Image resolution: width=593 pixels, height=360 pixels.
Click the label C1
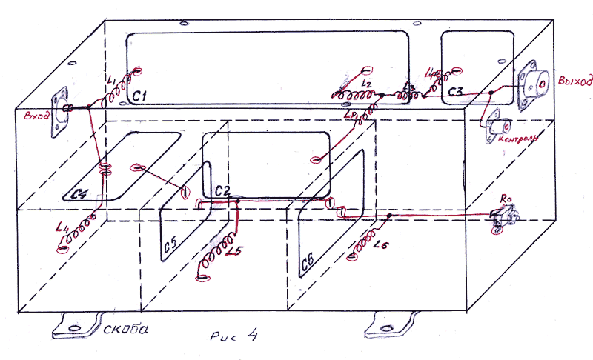pyautogui.click(x=142, y=96)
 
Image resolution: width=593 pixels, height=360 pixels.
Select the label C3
pyautogui.click(x=454, y=91)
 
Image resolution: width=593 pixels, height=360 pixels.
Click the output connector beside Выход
pyautogui.click(x=535, y=84)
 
